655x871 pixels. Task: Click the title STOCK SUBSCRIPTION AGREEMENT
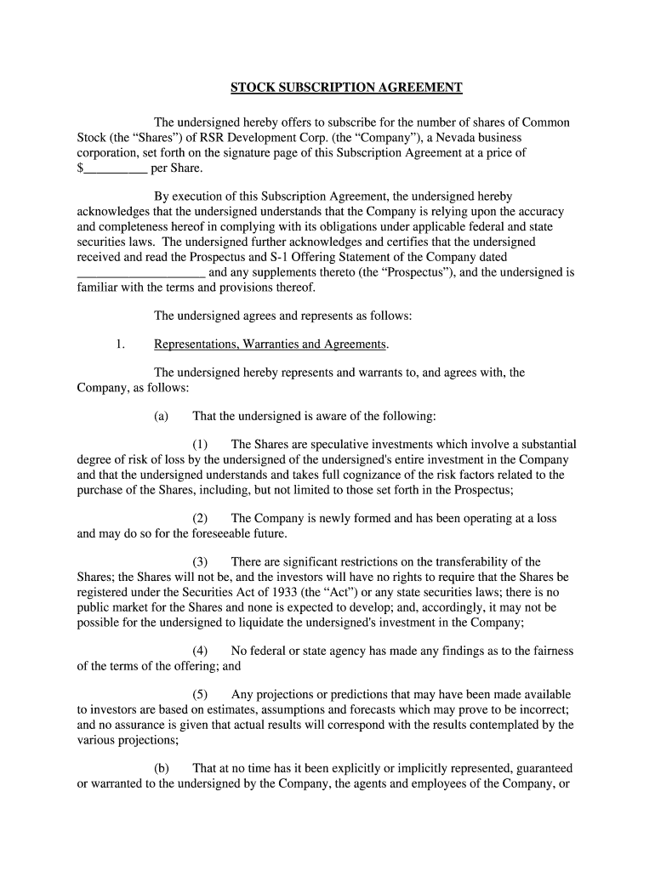point(347,88)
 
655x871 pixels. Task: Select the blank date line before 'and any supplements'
point(141,274)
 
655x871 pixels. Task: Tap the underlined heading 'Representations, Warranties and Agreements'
point(271,344)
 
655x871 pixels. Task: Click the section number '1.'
point(120,344)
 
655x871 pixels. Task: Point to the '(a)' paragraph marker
point(161,416)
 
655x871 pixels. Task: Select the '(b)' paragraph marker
point(161,768)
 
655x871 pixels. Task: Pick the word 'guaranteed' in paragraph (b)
point(541,768)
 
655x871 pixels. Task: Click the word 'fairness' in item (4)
point(551,651)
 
